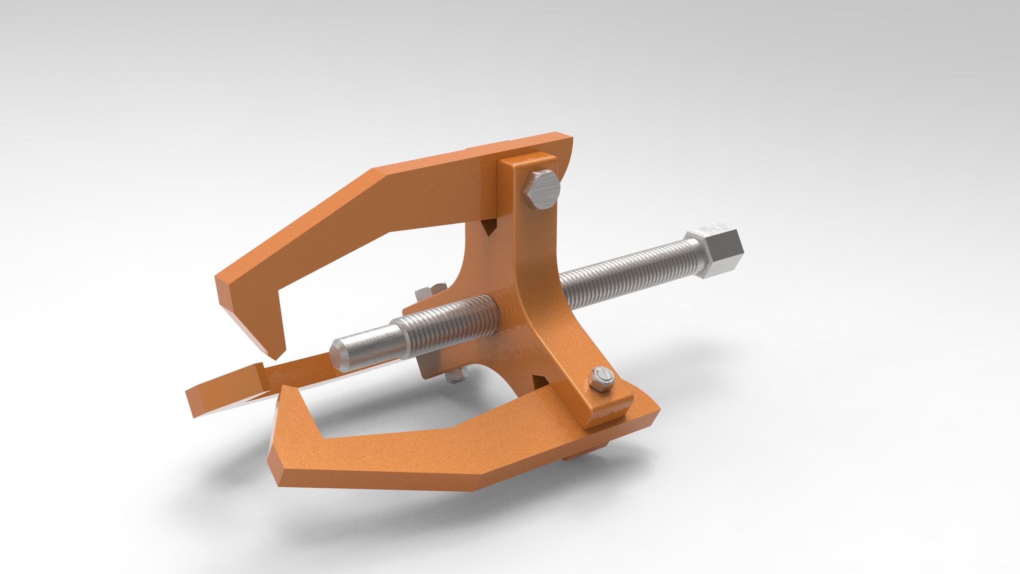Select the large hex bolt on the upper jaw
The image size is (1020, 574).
[x=542, y=191]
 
